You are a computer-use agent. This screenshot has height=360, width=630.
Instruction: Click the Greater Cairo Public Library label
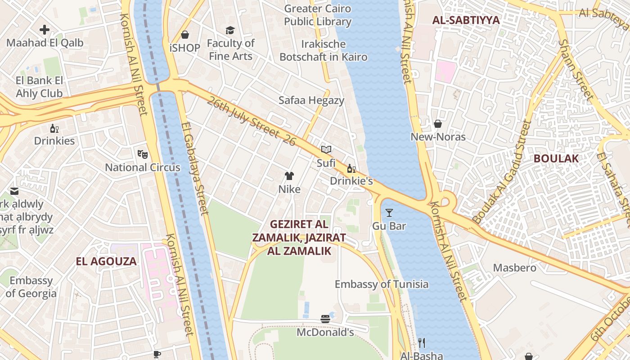click(x=317, y=15)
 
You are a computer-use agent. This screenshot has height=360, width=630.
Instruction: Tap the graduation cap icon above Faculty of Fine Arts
click(x=230, y=30)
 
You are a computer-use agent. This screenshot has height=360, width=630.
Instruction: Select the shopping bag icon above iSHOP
click(x=185, y=35)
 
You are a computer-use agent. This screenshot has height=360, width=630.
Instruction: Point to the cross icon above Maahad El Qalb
click(x=45, y=30)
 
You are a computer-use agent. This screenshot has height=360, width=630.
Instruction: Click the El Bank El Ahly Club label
click(x=39, y=87)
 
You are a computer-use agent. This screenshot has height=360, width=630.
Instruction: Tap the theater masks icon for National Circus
click(x=143, y=154)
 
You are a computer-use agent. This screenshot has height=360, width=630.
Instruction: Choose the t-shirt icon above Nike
click(x=289, y=176)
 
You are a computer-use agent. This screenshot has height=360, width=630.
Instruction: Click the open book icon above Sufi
click(x=326, y=149)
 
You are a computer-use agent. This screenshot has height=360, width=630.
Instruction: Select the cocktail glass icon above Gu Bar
click(x=389, y=213)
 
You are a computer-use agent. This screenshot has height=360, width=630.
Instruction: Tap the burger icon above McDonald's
click(x=325, y=319)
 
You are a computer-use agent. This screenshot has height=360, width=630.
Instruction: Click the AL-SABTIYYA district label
click(x=466, y=20)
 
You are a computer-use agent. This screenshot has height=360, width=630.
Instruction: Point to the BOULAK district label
click(x=556, y=158)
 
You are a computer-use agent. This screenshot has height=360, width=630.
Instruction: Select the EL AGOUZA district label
click(x=106, y=261)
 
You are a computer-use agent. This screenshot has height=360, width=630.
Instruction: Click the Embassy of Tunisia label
click(x=382, y=284)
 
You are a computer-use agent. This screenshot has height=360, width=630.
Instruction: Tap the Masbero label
click(x=515, y=268)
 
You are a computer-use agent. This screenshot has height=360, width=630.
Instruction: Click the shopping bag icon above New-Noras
click(x=438, y=124)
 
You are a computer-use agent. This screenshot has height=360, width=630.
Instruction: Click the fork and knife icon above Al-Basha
click(x=422, y=343)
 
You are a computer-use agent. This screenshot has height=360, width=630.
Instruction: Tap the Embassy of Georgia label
click(x=31, y=287)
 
